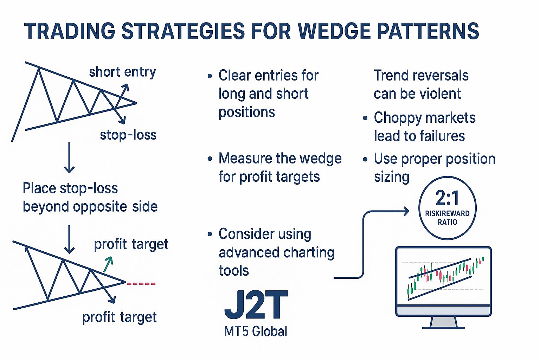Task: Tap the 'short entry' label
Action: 122,72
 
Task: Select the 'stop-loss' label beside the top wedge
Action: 128,135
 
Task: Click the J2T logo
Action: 256,305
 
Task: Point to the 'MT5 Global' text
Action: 256,331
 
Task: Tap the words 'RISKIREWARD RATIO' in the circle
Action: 447,218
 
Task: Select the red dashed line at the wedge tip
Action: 141,283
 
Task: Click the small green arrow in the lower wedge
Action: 108,264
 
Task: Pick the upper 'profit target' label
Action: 131,244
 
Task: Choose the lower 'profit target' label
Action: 119,317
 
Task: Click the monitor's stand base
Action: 443,327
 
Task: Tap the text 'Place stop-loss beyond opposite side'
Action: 90,197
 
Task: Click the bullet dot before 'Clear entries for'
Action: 210,76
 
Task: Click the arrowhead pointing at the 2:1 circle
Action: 406,211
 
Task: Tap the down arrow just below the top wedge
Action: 69,158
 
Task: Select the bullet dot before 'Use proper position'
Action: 365,159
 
